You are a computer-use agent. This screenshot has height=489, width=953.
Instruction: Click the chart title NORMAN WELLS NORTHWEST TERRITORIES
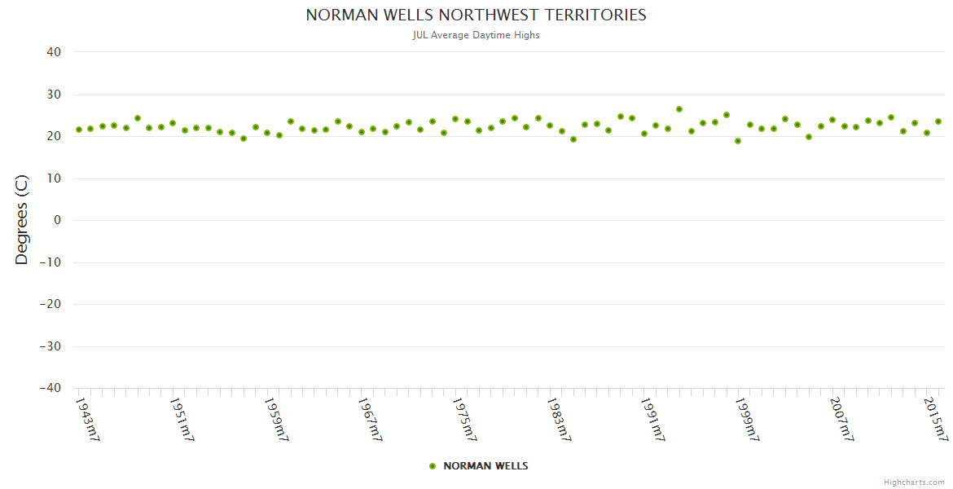pyautogui.click(x=476, y=15)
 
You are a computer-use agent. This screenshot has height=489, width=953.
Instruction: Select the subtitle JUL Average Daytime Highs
pyautogui.click(x=476, y=35)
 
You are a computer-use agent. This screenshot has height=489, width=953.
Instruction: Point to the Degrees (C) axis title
pyautogui.click(x=22, y=219)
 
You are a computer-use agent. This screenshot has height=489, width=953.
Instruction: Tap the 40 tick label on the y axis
pyautogui.click(x=54, y=52)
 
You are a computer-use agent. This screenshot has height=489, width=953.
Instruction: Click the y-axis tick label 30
pyautogui.click(x=54, y=95)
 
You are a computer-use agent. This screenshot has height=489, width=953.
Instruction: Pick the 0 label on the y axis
pyautogui.click(x=57, y=220)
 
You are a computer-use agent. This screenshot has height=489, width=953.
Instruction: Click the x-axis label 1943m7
pyautogui.click(x=87, y=419)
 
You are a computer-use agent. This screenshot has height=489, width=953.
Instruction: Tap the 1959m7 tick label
pyautogui.click(x=276, y=419)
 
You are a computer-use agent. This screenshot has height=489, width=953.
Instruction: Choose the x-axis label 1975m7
pyautogui.click(x=465, y=419)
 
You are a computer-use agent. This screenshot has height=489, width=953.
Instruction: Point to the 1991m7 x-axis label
pyautogui.click(x=653, y=419)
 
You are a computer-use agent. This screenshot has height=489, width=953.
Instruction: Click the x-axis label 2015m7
pyautogui.click(x=936, y=419)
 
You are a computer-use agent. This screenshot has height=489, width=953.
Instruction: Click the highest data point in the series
pyautogui.click(x=679, y=109)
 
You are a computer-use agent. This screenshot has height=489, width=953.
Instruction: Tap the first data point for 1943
pyautogui.click(x=79, y=130)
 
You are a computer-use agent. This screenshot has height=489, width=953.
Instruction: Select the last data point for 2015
pyautogui.click(x=938, y=121)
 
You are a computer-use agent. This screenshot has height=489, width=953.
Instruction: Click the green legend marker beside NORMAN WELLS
pyautogui.click(x=433, y=466)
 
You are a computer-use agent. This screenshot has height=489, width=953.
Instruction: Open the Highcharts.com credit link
pyautogui.click(x=914, y=482)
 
